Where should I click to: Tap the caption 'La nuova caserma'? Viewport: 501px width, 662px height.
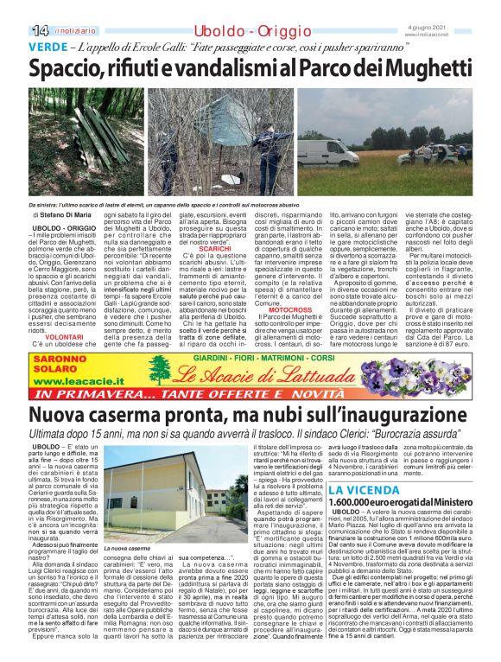(x=124, y=548)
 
